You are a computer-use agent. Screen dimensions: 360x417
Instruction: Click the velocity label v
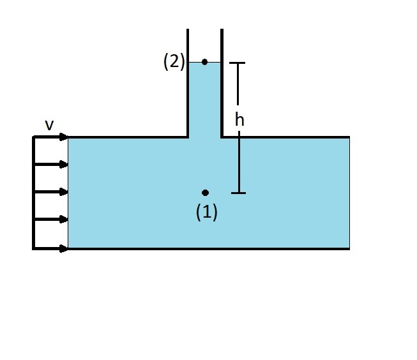click(49, 125)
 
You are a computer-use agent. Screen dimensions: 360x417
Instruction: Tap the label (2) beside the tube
click(174, 63)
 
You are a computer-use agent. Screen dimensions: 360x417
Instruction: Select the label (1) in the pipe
click(206, 213)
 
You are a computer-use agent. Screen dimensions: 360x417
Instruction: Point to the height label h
click(239, 119)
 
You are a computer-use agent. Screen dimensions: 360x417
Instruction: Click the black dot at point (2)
click(204, 62)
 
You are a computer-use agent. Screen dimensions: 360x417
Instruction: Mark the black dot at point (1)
click(205, 193)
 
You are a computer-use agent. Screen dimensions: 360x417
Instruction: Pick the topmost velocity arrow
click(51, 137)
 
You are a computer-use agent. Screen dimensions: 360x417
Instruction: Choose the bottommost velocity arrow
click(51, 248)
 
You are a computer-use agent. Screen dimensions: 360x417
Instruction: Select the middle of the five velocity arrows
click(51, 191)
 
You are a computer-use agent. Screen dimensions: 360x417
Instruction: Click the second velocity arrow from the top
click(51, 164)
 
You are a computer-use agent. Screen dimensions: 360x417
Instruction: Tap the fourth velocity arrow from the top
click(51, 220)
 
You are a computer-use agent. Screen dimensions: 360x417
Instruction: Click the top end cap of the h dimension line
click(238, 63)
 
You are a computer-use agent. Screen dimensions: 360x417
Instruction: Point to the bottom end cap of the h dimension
click(238, 193)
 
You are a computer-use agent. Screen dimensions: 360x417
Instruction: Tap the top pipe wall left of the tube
click(128, 137)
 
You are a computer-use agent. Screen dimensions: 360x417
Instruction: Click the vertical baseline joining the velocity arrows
click(33, 191)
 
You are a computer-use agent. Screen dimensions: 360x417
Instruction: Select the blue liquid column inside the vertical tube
click(204, 99)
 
